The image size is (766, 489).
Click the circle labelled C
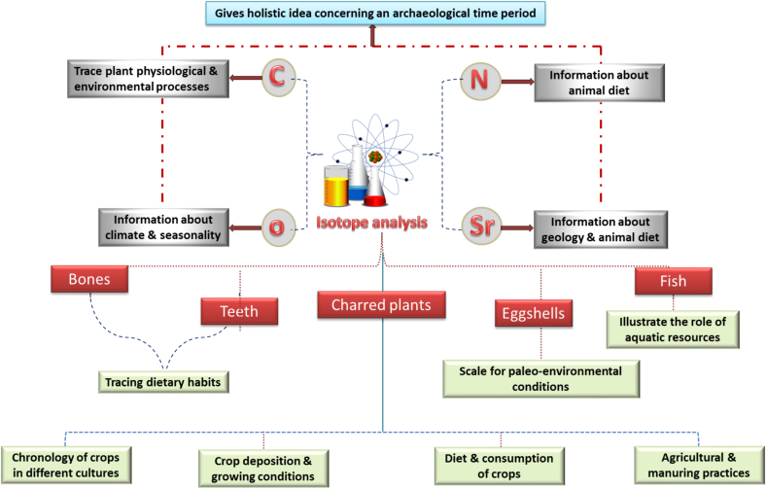click(278, 77)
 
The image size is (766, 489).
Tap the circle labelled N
click(480, 82)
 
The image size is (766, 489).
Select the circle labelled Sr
click(482, 227)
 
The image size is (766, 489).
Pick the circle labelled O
click(278, 227)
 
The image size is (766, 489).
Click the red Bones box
click(89, 279)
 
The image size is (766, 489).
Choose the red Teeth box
click(239, 311)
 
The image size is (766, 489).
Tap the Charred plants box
click(381, 305)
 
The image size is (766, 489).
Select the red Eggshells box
click(534, 313)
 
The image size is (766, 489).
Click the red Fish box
click(674, 281)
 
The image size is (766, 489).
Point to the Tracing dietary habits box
click(163, 382)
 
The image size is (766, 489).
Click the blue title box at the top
click(375, 14)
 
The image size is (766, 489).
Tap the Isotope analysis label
click(371, 223)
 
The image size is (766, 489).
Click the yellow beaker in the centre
click(336, 186)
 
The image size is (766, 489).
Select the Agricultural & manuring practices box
click(699, 465)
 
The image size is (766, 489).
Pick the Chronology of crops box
click(66, 465)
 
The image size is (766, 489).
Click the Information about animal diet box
click(600, 83)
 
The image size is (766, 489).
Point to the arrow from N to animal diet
click(517, 82)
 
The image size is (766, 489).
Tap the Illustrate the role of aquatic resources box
click(673, 330)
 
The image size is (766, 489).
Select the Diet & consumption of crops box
click(500, 466)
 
